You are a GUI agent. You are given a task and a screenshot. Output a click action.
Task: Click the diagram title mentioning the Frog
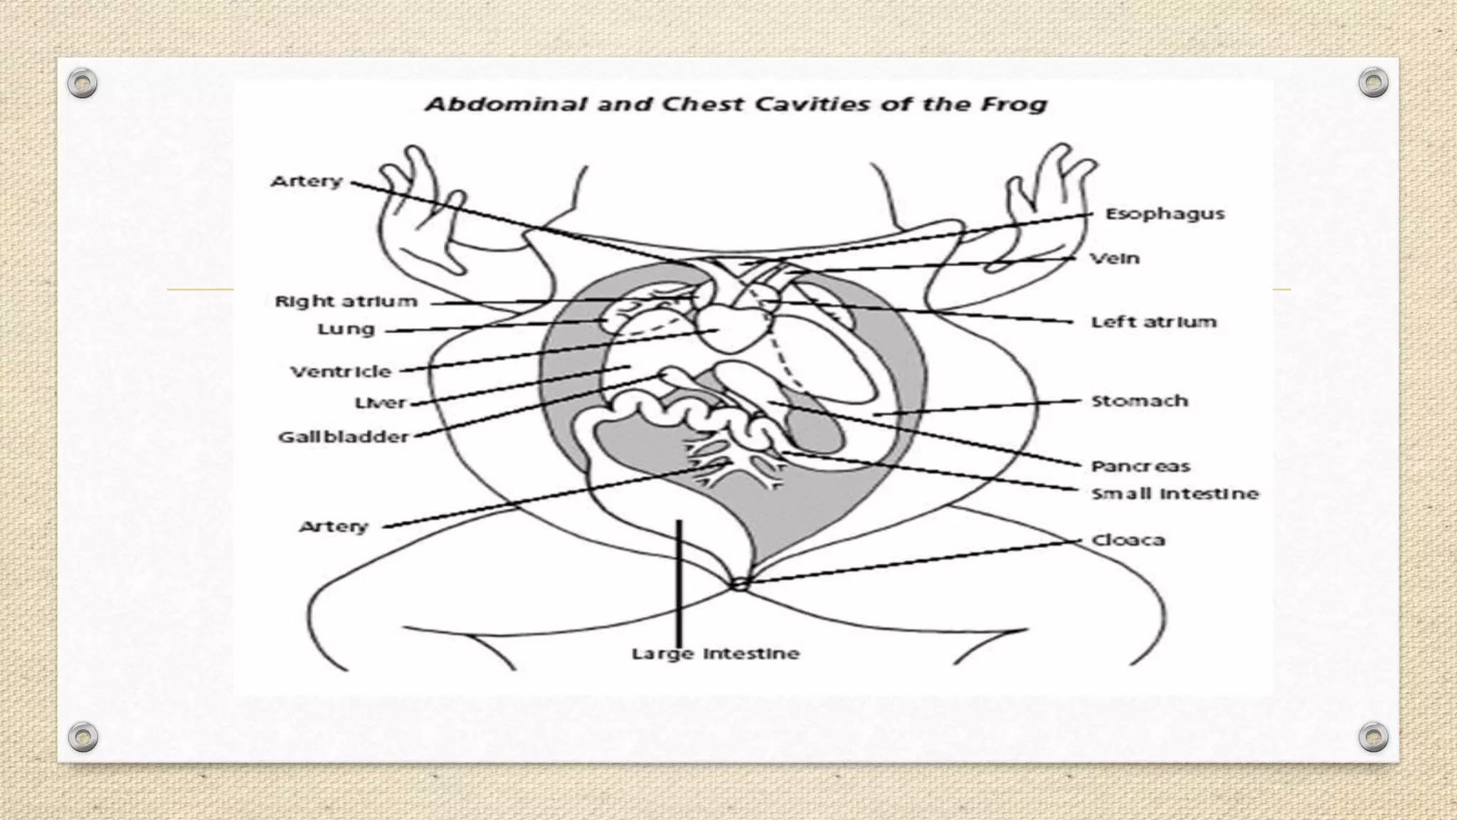click(x=736, y=105)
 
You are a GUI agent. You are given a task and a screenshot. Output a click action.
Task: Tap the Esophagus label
click(x=1165, y=214)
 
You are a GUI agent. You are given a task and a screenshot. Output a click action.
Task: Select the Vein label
click(x=1115, y=258)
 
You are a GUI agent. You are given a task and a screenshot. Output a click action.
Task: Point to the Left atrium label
click(x=1153, y=322)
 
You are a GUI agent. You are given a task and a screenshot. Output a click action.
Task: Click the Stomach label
click(x=1140, y=401)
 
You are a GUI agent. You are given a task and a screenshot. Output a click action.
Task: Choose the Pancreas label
click(x=1140, y=466)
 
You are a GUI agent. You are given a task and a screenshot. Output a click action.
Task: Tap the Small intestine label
click(x=1175, y=493)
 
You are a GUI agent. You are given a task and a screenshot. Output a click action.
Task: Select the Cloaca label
click(x=1128, y=540)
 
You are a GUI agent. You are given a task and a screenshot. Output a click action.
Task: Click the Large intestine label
click(x=715, y=653)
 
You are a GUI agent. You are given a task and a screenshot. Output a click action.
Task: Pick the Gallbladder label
click(x=344, y=436)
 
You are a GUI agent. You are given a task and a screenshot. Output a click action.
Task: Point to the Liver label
click(x=380, y=403)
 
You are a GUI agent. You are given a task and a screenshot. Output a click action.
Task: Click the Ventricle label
click(x=341, y=371)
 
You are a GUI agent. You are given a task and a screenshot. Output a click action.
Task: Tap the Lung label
click(x=346, y=329)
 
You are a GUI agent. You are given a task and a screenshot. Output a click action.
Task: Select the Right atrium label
click(x=346, y=301)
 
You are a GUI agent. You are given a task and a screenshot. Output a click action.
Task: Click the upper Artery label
click(x=307, y=182)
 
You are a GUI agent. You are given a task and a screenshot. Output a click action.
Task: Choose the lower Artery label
click(x=334, y=527)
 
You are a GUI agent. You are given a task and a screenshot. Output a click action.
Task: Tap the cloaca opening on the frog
click(x=739, y=584)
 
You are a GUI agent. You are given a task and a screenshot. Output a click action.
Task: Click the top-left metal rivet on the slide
click(x=83, y=84)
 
